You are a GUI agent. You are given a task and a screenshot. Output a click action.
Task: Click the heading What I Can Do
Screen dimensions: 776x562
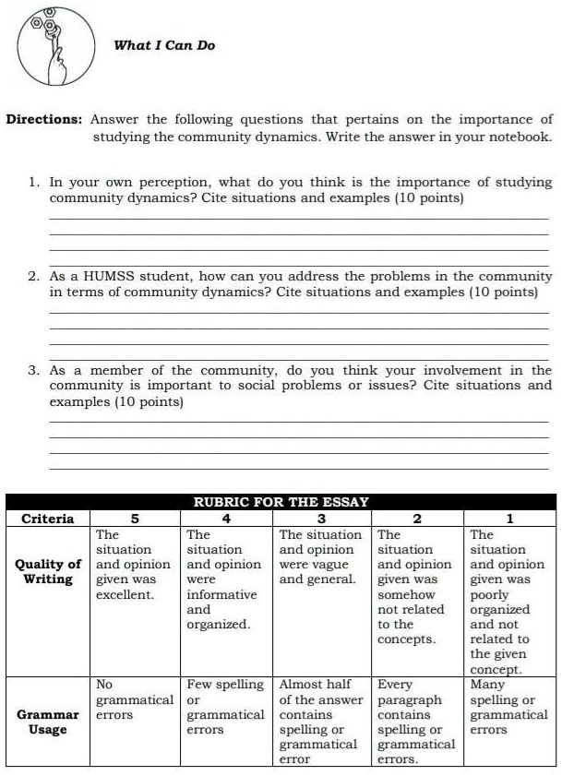click(164, 45)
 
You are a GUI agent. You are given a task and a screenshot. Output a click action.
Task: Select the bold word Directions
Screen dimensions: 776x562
click(45, 120)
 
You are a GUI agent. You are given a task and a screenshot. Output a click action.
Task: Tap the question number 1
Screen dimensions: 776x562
click(32, 183)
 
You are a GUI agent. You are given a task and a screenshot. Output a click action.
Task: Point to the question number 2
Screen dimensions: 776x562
click(32, 277)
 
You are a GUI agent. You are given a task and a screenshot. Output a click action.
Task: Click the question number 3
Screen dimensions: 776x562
click(32, 371)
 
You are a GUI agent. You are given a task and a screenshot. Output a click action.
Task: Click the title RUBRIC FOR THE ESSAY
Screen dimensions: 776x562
click(281, 502)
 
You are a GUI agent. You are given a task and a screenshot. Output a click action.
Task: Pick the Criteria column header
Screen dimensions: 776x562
click(47, 519)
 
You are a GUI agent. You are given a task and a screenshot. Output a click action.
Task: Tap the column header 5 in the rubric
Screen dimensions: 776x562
click(134, 519)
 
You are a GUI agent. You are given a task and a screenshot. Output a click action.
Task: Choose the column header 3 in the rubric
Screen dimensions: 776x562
click(322, 519)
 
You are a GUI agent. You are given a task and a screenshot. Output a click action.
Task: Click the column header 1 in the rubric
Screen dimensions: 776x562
click(509, 519)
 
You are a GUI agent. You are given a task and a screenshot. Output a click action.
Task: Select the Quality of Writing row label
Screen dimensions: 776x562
click(47, 572)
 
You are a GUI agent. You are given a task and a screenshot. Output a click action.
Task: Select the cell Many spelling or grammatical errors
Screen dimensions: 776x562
click(508, 707)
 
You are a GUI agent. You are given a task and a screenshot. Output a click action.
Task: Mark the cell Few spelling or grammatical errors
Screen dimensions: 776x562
click(226, 707)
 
